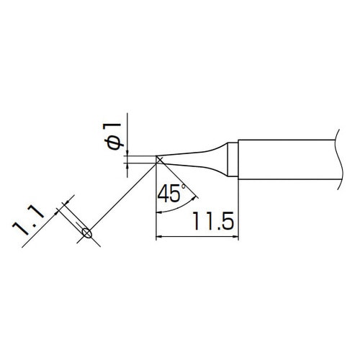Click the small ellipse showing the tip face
[87, 232]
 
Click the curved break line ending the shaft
[336, 159]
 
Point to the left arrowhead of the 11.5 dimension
[161, 236]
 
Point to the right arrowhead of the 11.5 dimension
[234, 236]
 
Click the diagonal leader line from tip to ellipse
[122, 198]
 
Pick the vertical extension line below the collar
[238, 209]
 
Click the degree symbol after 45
[184, 187]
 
